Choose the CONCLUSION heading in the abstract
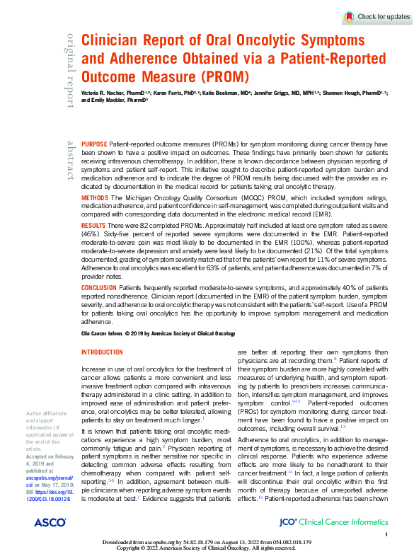[x=100, y=288]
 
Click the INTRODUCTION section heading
[x=102, y=352]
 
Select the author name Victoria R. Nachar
[x=104, y=93]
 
